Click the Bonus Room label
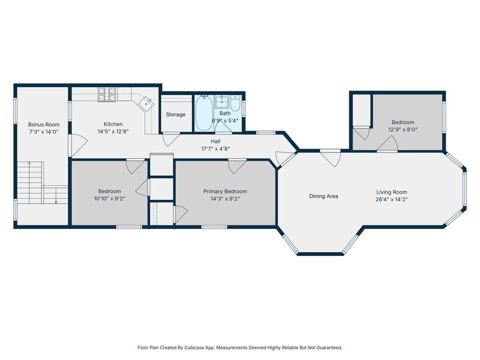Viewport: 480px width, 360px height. point(44,125)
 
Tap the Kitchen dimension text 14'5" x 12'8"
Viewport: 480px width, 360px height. point(113,132)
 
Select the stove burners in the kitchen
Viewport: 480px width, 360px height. point(107,94)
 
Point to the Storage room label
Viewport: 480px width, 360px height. point(176,114)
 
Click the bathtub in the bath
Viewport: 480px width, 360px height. point(204,113)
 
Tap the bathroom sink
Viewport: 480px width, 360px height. point(222,102)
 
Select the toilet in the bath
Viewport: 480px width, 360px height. point(235,104)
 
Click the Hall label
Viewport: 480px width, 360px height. point(216,142)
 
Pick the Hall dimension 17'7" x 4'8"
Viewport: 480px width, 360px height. point(216,149)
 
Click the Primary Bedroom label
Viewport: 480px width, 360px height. point(225,191)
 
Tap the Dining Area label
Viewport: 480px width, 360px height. point(323,196)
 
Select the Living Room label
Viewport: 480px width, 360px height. point(391,192)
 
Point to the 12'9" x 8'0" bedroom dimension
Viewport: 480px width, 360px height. point(403,129)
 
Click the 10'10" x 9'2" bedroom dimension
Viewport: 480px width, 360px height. point(110,199)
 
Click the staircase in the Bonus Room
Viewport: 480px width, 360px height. point(42,183)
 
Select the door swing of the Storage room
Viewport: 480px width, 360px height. point(171,140)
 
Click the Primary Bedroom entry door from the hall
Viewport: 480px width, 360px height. point(237,166)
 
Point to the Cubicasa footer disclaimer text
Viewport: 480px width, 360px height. point(240,347)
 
